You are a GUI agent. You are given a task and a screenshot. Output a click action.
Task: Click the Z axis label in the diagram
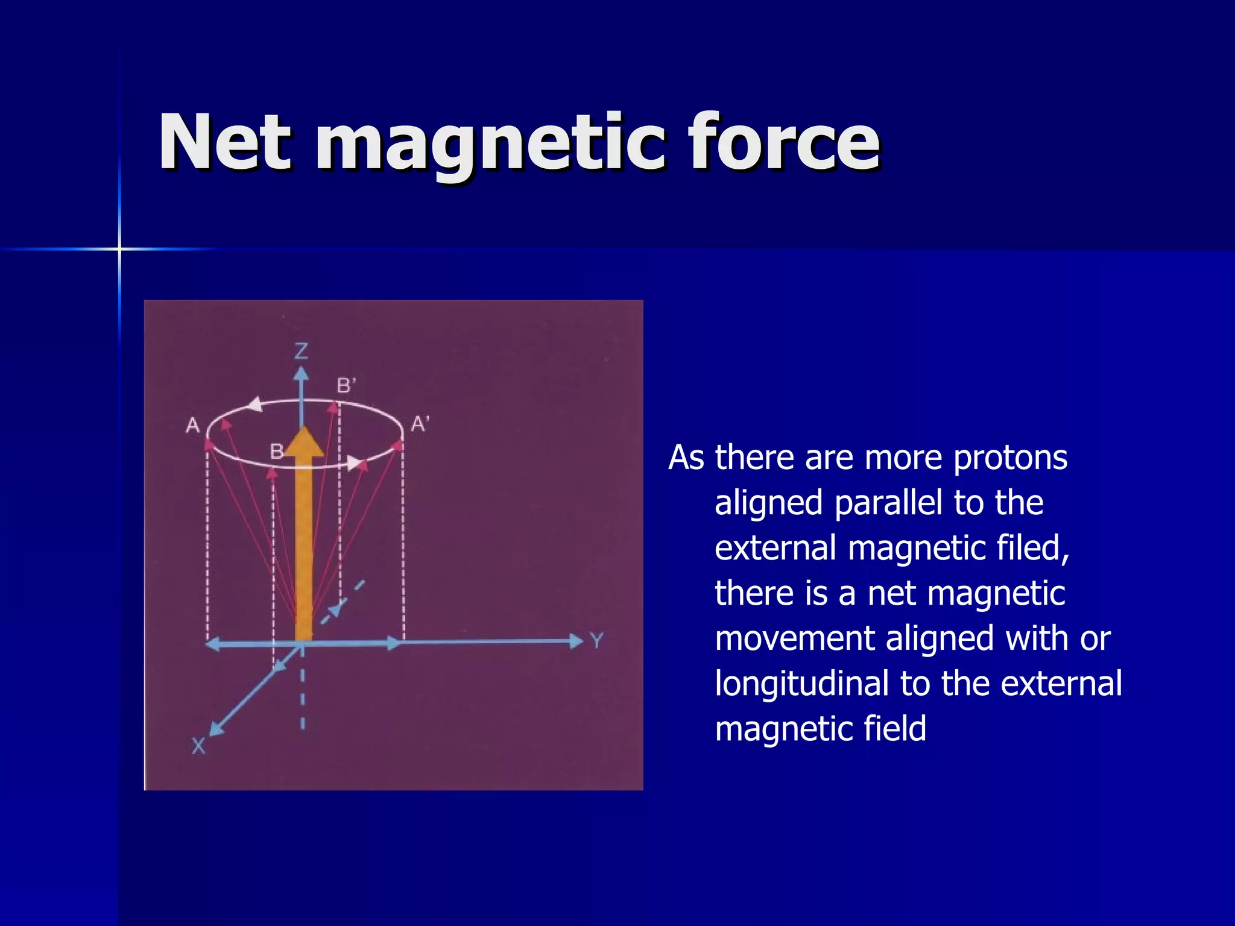(x=301, y=351)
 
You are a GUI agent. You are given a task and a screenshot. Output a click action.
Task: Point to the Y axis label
(x=597, y=640)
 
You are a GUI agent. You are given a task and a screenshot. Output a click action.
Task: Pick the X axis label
(x=198, y=746)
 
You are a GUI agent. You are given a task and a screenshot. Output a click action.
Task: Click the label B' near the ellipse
(x=346, y=385)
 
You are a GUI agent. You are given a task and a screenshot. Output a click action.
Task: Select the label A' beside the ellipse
(x=420, y=424)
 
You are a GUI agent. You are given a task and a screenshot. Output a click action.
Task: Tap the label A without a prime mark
(x=192, y=426)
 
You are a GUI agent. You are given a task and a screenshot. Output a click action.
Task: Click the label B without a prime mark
(x=276, y=451)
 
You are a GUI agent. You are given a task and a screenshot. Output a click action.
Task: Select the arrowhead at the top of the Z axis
(x=301, y=374)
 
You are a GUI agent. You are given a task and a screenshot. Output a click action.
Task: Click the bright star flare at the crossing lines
(x=119, y=248)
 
